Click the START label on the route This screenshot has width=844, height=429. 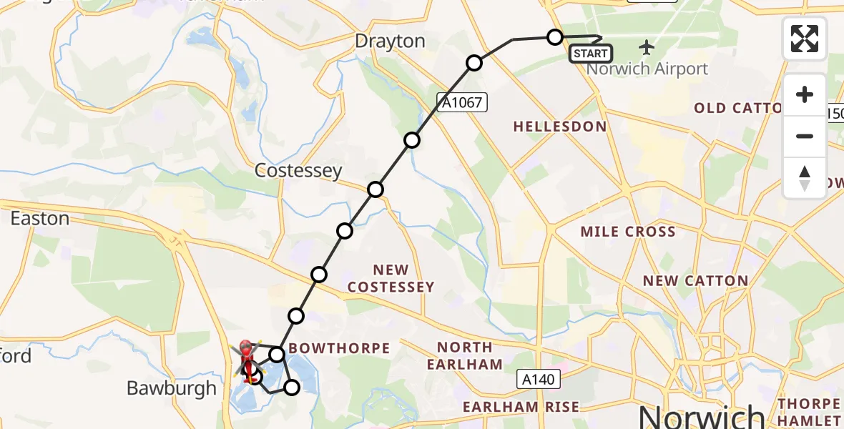(591, 53)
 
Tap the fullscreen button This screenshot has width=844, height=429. (805, 39)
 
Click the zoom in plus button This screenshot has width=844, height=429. (805, 95)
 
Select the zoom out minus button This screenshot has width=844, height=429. (805, 136)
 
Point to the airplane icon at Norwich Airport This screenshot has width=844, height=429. (647, 48)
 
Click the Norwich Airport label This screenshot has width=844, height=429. (647, 69)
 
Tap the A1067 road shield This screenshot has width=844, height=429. (463, 104)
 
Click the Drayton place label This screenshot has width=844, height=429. (390, 41)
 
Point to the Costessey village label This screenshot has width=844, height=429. (298, 172)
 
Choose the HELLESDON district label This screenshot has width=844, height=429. (559, 127)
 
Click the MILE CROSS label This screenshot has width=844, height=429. (628, 232)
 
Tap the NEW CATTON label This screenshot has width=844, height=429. (695, 281)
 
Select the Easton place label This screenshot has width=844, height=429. (39, 218)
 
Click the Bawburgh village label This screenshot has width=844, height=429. (171, 388)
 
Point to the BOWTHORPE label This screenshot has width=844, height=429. (340, 349)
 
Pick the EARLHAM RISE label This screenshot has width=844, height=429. (521, 407)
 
